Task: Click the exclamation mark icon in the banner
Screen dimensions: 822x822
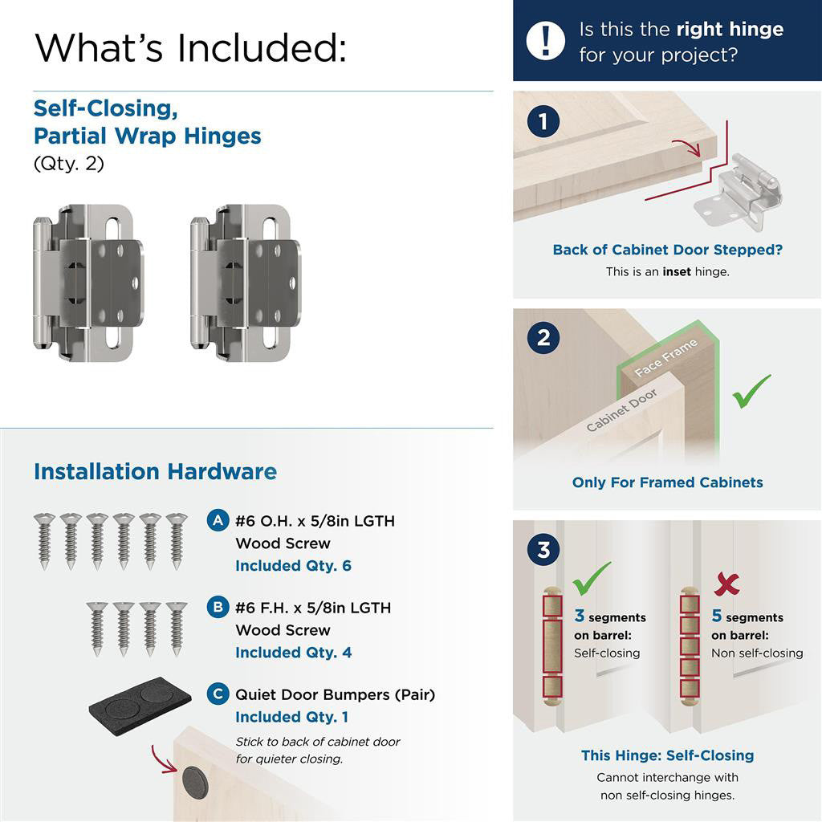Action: pos(546,40)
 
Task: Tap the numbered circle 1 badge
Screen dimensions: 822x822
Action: pos(543,122)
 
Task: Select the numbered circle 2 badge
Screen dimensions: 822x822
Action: pos(543,337)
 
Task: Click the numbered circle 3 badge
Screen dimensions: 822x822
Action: pos(543,551)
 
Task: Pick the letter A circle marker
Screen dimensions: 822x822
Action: pos(218,520)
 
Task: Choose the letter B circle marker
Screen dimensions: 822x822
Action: pos(218,607)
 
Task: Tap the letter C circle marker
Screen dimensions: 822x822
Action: pos(218,694)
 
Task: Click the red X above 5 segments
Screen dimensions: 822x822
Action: pos(726,584)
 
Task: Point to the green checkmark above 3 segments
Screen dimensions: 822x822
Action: pos(592,577)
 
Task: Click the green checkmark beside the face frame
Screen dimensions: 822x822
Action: pos(751,391)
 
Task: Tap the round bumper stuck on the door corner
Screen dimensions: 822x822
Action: pos(194,782)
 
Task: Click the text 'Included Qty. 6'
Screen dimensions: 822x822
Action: pos(293,566)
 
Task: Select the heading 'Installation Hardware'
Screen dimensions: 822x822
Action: pos(155,471)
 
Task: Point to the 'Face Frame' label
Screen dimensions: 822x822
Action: pos(665,358)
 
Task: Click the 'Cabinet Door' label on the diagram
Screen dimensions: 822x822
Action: pos(621,410)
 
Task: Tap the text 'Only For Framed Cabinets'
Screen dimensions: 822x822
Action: pos(667,482)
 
